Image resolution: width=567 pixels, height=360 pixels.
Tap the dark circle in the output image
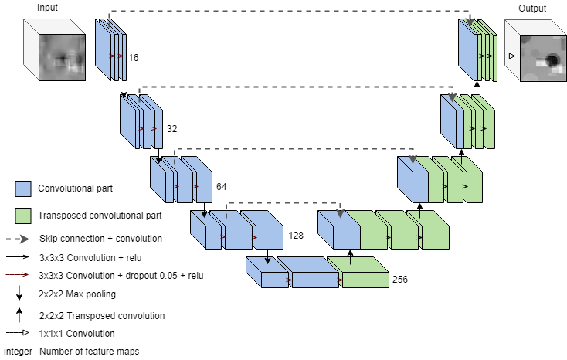(552, 59)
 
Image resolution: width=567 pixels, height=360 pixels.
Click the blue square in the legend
(23, 188)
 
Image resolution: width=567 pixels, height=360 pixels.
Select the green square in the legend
(23, 216)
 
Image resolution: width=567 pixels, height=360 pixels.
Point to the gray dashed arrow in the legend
(18, 239)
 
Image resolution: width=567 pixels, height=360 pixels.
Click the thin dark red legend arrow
(18, 274)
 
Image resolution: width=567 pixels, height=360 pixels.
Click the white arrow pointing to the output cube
(509, 56)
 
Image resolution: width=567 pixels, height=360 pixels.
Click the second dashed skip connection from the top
(294, 87)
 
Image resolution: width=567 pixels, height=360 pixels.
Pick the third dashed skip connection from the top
(294, 149)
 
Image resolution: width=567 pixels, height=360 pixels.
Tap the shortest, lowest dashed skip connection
(282, 203)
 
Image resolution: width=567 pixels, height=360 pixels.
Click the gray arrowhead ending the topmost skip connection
(469, 20)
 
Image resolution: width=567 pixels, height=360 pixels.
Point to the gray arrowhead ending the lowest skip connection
(340, 212)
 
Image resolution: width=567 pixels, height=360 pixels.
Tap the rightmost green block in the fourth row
(434, 236)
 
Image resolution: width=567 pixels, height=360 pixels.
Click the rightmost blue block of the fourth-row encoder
(268, 236)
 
